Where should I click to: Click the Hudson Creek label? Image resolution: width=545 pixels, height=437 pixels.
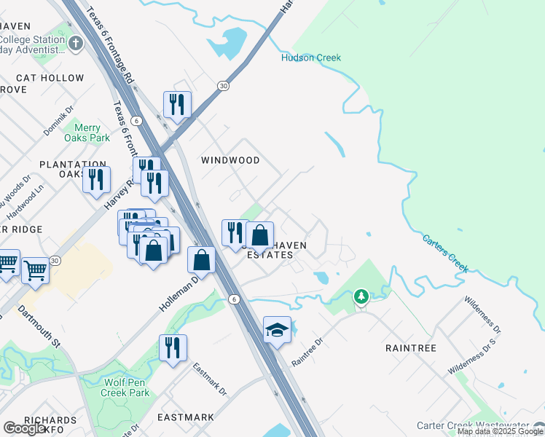[x=311, y=58]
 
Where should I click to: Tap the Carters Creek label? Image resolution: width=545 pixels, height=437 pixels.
[x=445, y=252]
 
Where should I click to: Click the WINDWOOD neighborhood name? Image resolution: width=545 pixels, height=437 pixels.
[x=230, y=160]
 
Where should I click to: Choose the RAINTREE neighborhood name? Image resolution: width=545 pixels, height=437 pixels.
[x=410, y=348]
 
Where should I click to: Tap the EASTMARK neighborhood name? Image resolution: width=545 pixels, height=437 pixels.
[x=186, y=417]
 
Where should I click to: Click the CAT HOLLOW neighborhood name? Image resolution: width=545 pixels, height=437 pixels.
[x=50, y=78]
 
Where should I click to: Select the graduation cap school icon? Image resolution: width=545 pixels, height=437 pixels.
[x=277, y=331]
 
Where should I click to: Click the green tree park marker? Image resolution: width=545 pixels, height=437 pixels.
[x=361, y=296]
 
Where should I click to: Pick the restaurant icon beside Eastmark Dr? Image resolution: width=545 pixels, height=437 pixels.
[x=173, y=347]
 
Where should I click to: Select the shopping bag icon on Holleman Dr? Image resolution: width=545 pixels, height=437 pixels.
[x=201, y=259]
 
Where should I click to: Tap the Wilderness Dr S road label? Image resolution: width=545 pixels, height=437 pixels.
[x=472, y=356]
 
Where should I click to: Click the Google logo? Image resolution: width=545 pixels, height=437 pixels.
[x=25, y=428]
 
